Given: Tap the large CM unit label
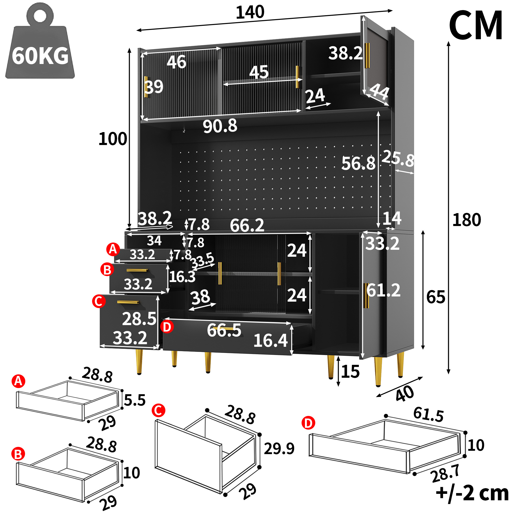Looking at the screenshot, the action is (x=476, y=25).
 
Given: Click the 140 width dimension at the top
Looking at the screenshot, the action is (x=250, y=12).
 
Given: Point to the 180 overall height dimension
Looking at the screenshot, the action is (x=466, y=220).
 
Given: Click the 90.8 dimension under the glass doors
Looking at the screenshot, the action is (x=220, y=126).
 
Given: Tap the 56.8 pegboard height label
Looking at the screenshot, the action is (x=358, y=163).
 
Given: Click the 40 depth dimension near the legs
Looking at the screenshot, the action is (x=405, y=394).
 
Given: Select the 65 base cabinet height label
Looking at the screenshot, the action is (x=436, y=297).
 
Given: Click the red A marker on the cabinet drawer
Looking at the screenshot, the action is (x=113, y=250).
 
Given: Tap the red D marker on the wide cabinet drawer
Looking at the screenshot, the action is (x=167, y=327).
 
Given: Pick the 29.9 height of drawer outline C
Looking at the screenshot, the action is (x=279, y=448).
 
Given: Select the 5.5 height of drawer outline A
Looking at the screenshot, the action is (x=135, y=400).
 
